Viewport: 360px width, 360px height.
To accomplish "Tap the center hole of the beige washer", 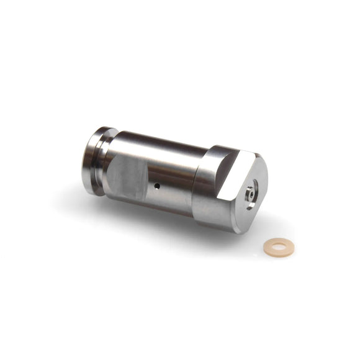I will coord(279,248).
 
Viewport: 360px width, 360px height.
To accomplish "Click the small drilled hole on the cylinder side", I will coord(158,186).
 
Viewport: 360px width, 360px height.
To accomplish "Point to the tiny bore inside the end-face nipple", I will coord(249,193).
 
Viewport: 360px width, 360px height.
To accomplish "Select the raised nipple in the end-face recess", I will coord(249,193).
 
